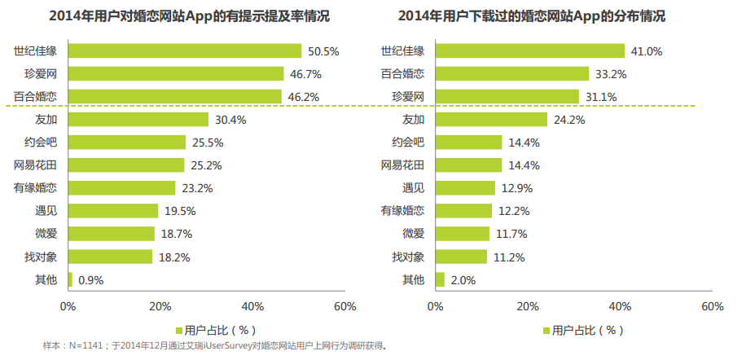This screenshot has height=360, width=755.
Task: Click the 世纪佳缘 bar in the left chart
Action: [x=185, y=51]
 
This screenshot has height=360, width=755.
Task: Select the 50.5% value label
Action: [x=323, y=51]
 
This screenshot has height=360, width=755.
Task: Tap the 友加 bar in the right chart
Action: [x=492, y=120]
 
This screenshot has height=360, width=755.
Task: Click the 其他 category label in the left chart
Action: [x=46, y=279]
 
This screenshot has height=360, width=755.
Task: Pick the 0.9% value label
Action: [x=90, y=280]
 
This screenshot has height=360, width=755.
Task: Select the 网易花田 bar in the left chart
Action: [x=126, y=165]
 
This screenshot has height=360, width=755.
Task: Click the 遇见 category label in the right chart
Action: [x=414, y=188]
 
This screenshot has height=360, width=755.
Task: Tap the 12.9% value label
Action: [x=515, y=188]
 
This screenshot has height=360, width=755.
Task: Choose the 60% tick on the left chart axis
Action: [x=345, y=307]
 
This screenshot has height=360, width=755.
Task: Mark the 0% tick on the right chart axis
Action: [x=436, y=307]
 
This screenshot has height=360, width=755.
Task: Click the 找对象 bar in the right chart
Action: [x=462, y=257]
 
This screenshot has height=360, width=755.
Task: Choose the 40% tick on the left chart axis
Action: [x=252, y=307]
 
